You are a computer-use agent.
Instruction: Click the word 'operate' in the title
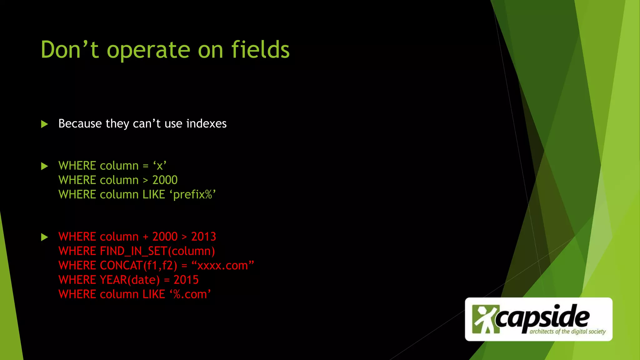148,50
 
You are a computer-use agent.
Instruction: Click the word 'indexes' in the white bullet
206,124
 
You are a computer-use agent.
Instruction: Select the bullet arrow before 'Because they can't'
45,124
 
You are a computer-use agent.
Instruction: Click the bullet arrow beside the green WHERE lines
45,166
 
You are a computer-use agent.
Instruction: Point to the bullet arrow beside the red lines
45,237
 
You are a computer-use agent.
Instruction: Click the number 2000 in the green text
165,180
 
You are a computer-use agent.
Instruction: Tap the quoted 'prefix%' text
193,195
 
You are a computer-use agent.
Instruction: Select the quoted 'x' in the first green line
160,166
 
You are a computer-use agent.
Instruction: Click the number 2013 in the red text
203,237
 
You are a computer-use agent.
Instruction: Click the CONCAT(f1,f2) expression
138,266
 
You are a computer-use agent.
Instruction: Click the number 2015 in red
186,280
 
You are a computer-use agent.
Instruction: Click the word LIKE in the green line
154,195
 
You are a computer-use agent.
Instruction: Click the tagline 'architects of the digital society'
567,332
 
